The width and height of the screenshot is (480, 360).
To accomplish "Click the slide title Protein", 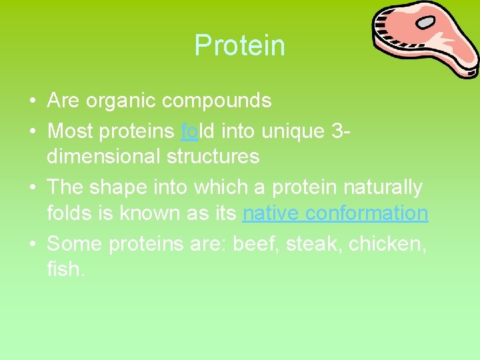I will [x=239, y=45].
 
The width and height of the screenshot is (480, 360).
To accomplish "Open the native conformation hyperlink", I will [x=335, y=214].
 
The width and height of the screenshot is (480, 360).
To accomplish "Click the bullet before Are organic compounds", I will [x=32, y=101].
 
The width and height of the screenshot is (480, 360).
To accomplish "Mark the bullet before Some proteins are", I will [x=32, y=244].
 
